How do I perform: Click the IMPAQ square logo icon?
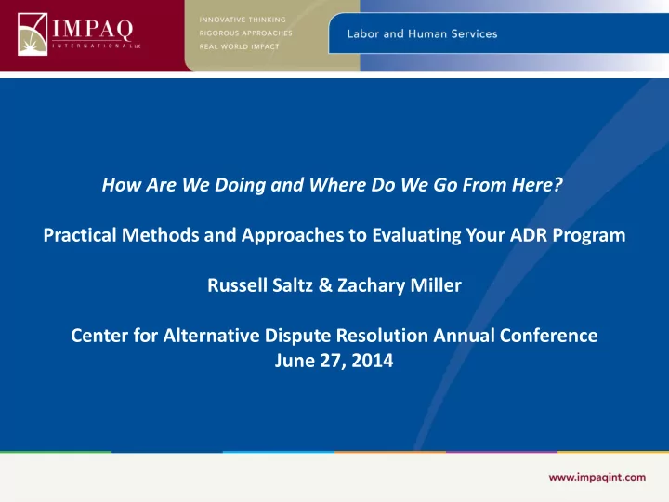coord(33,34)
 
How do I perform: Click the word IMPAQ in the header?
coord(93,29)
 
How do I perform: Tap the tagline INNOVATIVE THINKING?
coord(243,20)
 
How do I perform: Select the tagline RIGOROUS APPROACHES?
coord(245,33)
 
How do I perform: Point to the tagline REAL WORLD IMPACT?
coord(239,46)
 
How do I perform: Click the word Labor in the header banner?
coord(362,33)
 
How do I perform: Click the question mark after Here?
coord(558,184)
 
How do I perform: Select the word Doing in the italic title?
coord(241,185)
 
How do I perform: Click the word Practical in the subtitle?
coord(80,235)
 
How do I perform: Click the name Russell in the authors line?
coord(237,285)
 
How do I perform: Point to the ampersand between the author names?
coord(325,285)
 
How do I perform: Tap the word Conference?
coord(549,336)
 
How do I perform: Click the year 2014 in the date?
coord(373,361)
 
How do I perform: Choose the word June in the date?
coord(295,361)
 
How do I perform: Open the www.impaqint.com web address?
coord(597,477)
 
